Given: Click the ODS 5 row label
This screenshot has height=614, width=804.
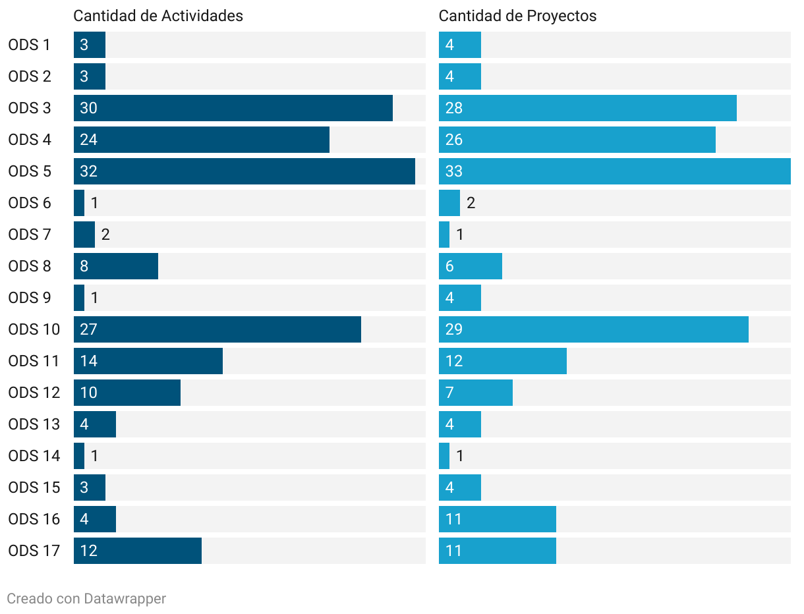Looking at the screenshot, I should tap(30, 171).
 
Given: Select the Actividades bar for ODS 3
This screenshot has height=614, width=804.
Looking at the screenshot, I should tap(233, 108).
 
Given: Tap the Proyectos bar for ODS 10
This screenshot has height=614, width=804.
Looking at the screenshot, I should tap(593, 329).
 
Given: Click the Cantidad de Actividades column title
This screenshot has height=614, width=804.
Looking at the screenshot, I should tap(158, 16).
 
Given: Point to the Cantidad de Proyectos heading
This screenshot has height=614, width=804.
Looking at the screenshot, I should tap(517, 16).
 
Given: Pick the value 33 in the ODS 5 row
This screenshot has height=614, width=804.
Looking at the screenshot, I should tap(454, 171).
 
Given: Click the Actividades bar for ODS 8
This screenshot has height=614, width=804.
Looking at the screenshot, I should tap(116, 266).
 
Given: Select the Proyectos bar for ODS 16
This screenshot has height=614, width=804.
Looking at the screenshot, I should tap(498, 519).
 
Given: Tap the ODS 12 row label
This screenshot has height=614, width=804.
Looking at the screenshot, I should tap(34, 393).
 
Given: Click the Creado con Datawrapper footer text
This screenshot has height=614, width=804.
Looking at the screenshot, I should tap(86, 598).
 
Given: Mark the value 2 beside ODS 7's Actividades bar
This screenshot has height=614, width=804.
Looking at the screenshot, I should tap(105, 235).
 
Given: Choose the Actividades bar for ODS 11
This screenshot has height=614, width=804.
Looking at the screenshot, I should tap(148, 361).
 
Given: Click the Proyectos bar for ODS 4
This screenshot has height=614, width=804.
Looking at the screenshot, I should tap(577, 140).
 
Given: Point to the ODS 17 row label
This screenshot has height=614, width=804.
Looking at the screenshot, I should tap(34, 551).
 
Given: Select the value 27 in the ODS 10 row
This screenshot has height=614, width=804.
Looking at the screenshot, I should tap(88, 329).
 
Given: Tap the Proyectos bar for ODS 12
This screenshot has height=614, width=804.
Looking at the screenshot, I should tap(476, 393).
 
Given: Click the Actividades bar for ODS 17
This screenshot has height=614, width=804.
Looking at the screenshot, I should tap(138, 551).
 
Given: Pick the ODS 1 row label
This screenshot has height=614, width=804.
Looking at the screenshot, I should tap(30, 45).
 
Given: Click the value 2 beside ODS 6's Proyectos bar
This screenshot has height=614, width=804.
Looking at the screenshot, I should tap(471, 203).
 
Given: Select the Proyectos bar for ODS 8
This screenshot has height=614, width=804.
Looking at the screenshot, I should tap(471, 266).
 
